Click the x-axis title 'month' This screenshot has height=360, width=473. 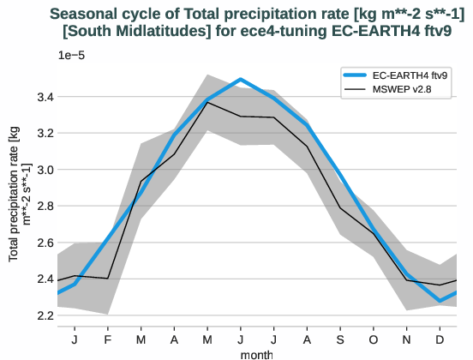point(257,353)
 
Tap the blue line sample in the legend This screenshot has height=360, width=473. point(355,75)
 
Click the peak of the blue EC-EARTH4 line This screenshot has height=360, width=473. point(241,79)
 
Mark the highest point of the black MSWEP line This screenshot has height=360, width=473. point(207,102)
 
